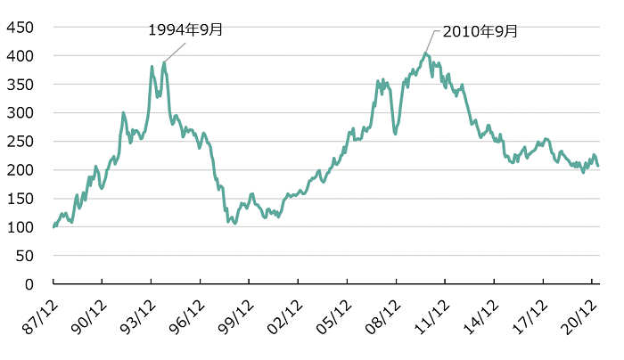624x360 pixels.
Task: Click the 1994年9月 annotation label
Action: pos(185,29)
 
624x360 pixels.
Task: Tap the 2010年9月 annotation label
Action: pos(480,31)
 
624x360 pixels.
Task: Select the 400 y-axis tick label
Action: pos(20,56)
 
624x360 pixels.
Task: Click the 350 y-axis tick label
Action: pos(20,85)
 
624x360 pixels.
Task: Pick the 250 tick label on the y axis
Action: pos(20,142)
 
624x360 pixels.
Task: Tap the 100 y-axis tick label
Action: pos(20,227)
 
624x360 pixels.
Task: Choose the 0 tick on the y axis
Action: pos(28,284)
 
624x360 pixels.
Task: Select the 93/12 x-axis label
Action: pos(138,314)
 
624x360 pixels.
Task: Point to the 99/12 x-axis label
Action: pos(236,314)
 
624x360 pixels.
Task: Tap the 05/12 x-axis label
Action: pos(335,314)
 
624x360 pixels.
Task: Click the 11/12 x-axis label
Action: pos(433,314)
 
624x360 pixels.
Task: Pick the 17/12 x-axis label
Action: pos(531,314)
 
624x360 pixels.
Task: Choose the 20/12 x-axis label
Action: pos(580,314)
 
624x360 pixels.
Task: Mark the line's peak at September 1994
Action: pos(164,62)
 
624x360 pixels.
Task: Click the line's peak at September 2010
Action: pos(425,53)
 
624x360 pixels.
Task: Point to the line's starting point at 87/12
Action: pos(53,226)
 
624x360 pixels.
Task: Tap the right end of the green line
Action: pos(598,166)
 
